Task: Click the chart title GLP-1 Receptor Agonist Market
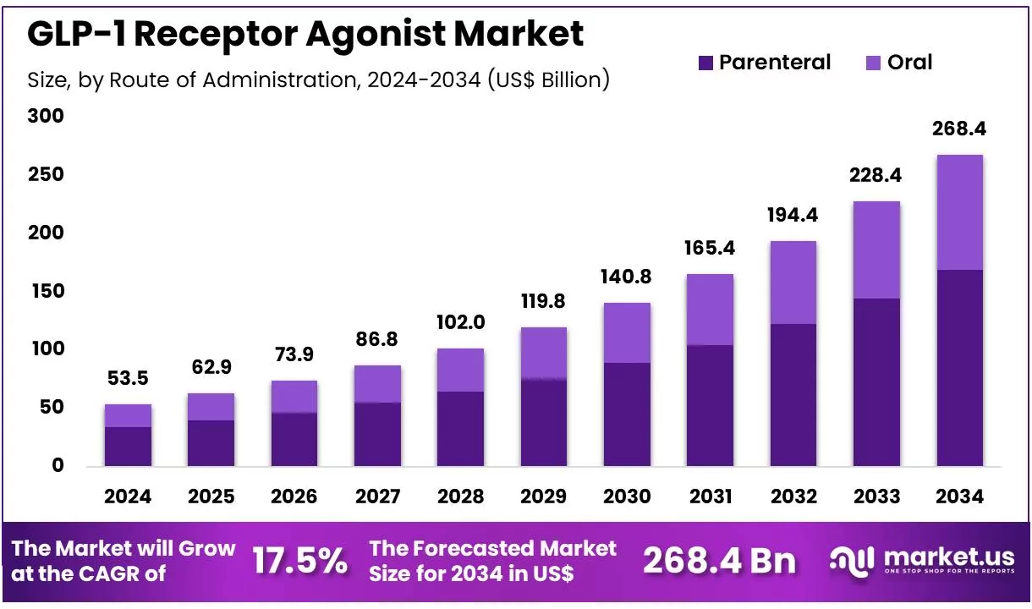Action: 305,34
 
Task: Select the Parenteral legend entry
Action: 765,63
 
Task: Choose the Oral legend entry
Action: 898,63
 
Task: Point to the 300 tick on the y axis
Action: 46,116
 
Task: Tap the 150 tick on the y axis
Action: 46,291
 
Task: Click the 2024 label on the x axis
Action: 128,497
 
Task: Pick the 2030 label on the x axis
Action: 627,497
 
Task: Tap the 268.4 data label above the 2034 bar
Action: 959,129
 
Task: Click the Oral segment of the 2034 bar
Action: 959,212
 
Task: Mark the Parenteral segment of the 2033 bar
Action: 876,381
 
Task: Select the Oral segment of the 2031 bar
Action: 710,310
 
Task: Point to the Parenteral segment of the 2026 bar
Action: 294,439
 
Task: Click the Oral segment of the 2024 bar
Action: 128,415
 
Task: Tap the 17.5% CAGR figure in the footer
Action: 299,561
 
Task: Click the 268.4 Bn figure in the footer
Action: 719,561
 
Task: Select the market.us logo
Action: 921,561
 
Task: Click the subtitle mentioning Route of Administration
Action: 318,80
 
